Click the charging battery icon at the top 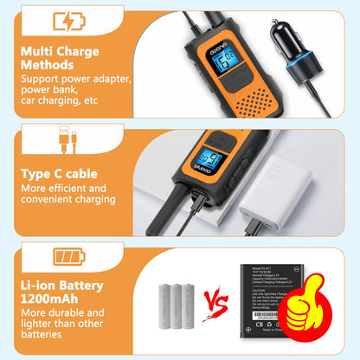70,22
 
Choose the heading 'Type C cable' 59,174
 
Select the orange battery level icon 70,257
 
